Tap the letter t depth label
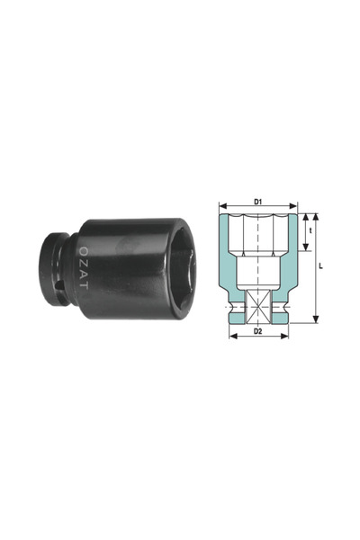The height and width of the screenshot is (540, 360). click(x=311, y=231)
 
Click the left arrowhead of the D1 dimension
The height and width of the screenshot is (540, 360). click(x=221, y=205)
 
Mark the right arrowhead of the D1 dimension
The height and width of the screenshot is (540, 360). click(x=292, y=205)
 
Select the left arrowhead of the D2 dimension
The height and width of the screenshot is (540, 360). click(x=231, y=337)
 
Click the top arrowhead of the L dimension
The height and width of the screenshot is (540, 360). click(x=315, y=217)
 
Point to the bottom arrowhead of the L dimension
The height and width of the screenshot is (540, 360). click(x=315, y=318)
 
